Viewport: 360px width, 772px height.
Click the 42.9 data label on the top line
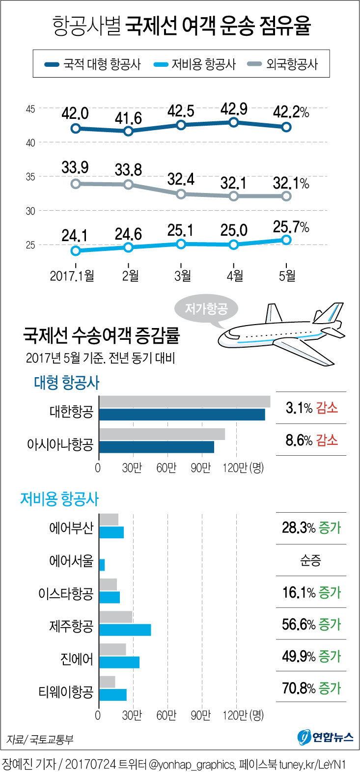234,109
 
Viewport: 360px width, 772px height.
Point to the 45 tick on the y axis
30,109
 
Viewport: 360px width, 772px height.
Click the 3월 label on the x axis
182,276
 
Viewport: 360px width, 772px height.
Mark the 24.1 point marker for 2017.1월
76,251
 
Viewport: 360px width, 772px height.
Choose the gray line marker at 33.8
129,185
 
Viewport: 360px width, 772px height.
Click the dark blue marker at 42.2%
286,127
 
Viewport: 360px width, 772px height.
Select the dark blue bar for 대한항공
182,414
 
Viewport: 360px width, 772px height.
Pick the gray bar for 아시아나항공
162,434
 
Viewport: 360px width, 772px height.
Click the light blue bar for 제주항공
125,630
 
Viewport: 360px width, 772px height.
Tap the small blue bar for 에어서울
102,565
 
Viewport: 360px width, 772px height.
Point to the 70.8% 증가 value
311,689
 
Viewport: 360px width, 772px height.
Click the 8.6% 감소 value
311,440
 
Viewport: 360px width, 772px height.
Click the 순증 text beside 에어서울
311,560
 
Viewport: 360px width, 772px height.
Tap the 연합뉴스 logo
326,737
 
